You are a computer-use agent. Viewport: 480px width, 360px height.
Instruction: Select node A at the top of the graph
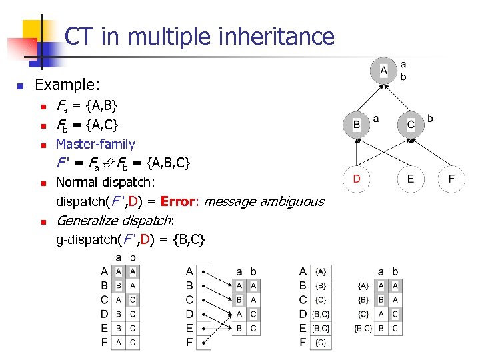coord(383,70)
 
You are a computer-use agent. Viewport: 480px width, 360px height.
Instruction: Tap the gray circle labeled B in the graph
coord(356,125)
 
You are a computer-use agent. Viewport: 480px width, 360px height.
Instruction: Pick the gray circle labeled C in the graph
coord(410,125)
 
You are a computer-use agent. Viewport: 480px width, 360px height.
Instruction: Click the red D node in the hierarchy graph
coord(356,179)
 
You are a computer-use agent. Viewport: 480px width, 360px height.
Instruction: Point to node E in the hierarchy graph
coord(410,179)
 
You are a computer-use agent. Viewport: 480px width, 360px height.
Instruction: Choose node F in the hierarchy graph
coord(452,179)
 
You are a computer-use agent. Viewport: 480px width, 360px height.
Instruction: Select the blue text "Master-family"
coord(95,144)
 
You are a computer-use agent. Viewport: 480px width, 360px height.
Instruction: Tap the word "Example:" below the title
coord(67,85)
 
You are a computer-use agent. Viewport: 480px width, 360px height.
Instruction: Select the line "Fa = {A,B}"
coord(87,106)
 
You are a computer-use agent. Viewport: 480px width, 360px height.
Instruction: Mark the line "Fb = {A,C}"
coord(87,125)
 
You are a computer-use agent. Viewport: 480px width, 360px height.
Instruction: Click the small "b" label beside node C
coord(430,119)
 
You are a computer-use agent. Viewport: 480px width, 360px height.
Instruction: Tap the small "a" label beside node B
coord(376,119)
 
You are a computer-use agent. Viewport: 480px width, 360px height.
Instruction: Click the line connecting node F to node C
coord(432,153)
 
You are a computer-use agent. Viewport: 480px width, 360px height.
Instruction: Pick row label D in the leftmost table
coord(104,313)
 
